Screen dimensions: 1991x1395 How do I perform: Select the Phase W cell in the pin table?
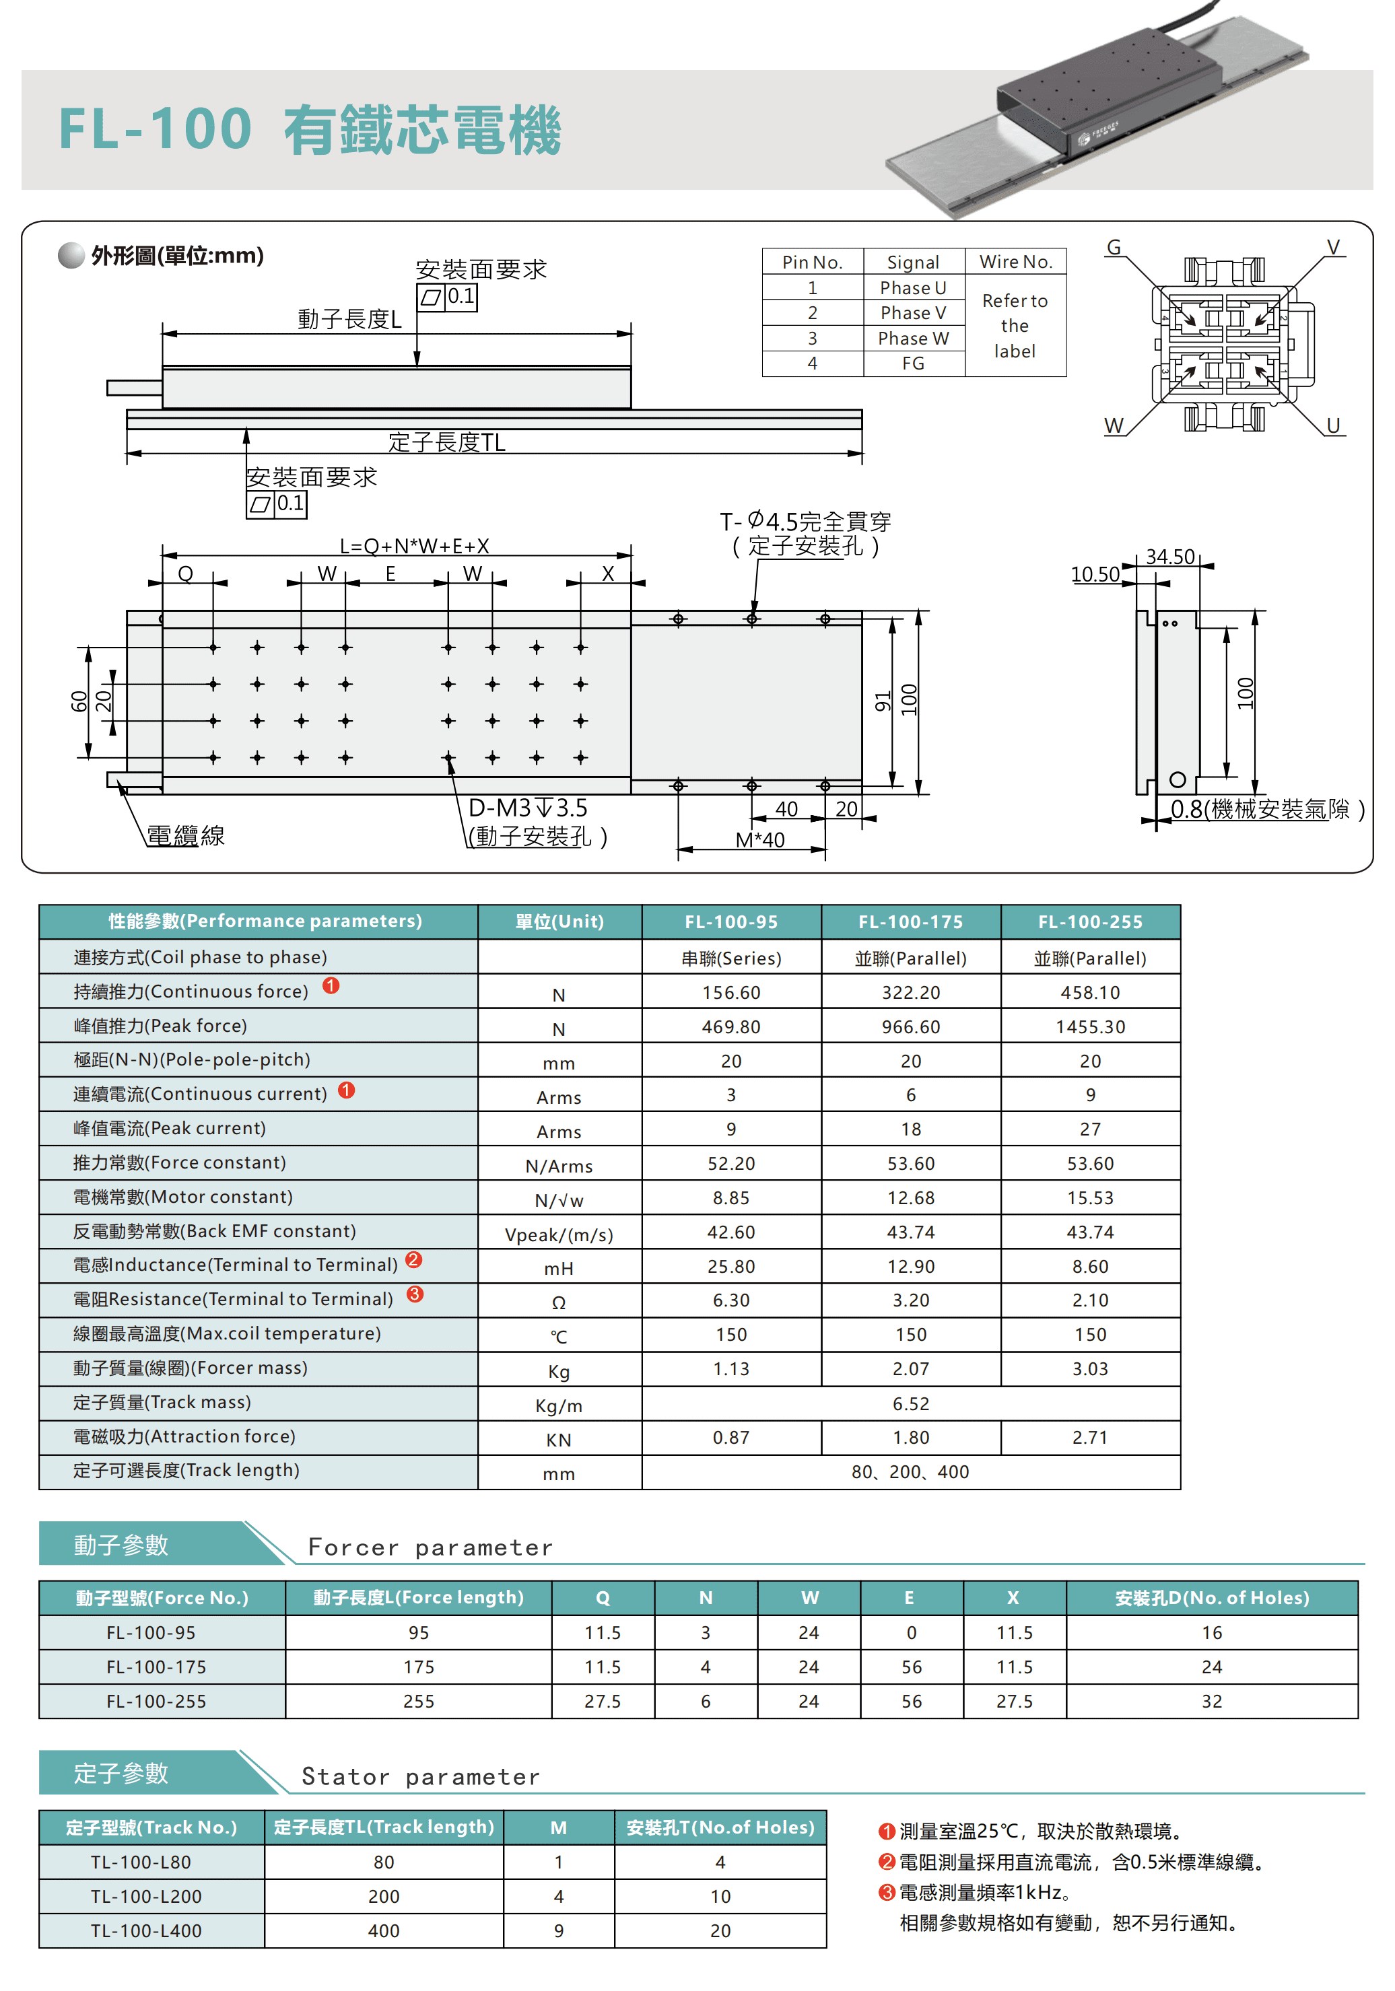pos(913,338)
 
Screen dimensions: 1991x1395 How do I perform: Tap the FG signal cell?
pos(913,363)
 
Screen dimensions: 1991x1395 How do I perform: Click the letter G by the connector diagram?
pos(1113,248)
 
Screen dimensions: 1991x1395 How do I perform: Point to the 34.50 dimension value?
pos(1169,557)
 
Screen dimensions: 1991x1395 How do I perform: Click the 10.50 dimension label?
pos(1094,574)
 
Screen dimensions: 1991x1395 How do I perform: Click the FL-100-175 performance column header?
pos(910,921)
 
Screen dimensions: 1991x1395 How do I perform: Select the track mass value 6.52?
pos(910,1403)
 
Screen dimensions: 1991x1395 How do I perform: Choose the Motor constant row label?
pos(183,1197)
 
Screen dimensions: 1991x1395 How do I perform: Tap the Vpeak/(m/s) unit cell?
pos(559,1234)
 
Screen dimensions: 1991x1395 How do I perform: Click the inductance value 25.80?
pos(730,1266)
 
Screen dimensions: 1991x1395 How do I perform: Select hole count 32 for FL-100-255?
pos(1211,1702)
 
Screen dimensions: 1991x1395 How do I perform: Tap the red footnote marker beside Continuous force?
pos(331,986)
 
